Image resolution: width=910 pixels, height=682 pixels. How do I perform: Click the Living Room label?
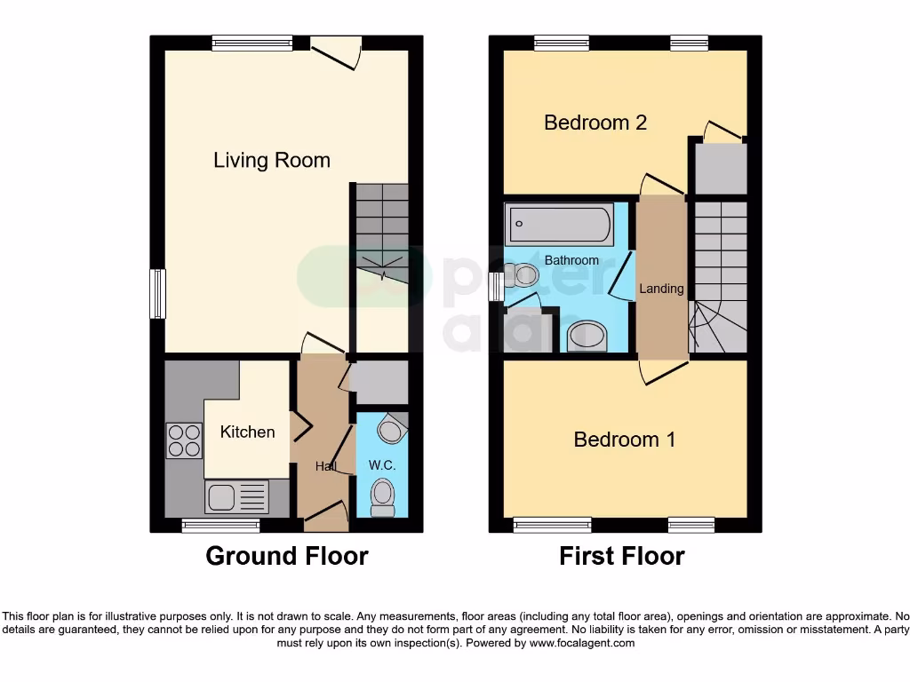tap(271, 161)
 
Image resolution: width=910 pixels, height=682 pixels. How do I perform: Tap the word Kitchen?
tap(247, 432)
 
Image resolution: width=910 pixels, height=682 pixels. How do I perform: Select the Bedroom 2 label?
tap(595, 123)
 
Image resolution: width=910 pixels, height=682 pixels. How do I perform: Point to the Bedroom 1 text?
tap(625, 440)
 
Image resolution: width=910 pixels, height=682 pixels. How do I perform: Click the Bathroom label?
tap(571, 260)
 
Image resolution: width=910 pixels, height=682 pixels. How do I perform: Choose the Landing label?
tap(662, 289)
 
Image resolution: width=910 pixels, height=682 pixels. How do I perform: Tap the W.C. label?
tap(382, 465)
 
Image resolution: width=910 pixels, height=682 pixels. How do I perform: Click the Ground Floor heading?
tap(286, 557)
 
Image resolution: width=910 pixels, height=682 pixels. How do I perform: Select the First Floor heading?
tap(621, 557)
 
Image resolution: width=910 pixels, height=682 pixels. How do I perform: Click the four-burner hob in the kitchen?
tap(183, 440)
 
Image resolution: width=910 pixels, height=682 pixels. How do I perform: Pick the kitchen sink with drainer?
tap(236, 496)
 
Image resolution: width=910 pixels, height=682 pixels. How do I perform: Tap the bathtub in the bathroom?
tap(559, 224)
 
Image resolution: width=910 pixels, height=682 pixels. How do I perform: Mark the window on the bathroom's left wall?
tap(496, 287)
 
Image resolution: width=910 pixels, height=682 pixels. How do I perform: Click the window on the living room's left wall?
tap(157, 293)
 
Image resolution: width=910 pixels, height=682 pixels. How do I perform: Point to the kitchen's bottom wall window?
tap(220, 526)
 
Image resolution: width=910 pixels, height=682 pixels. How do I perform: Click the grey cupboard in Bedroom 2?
tap(719, 169)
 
